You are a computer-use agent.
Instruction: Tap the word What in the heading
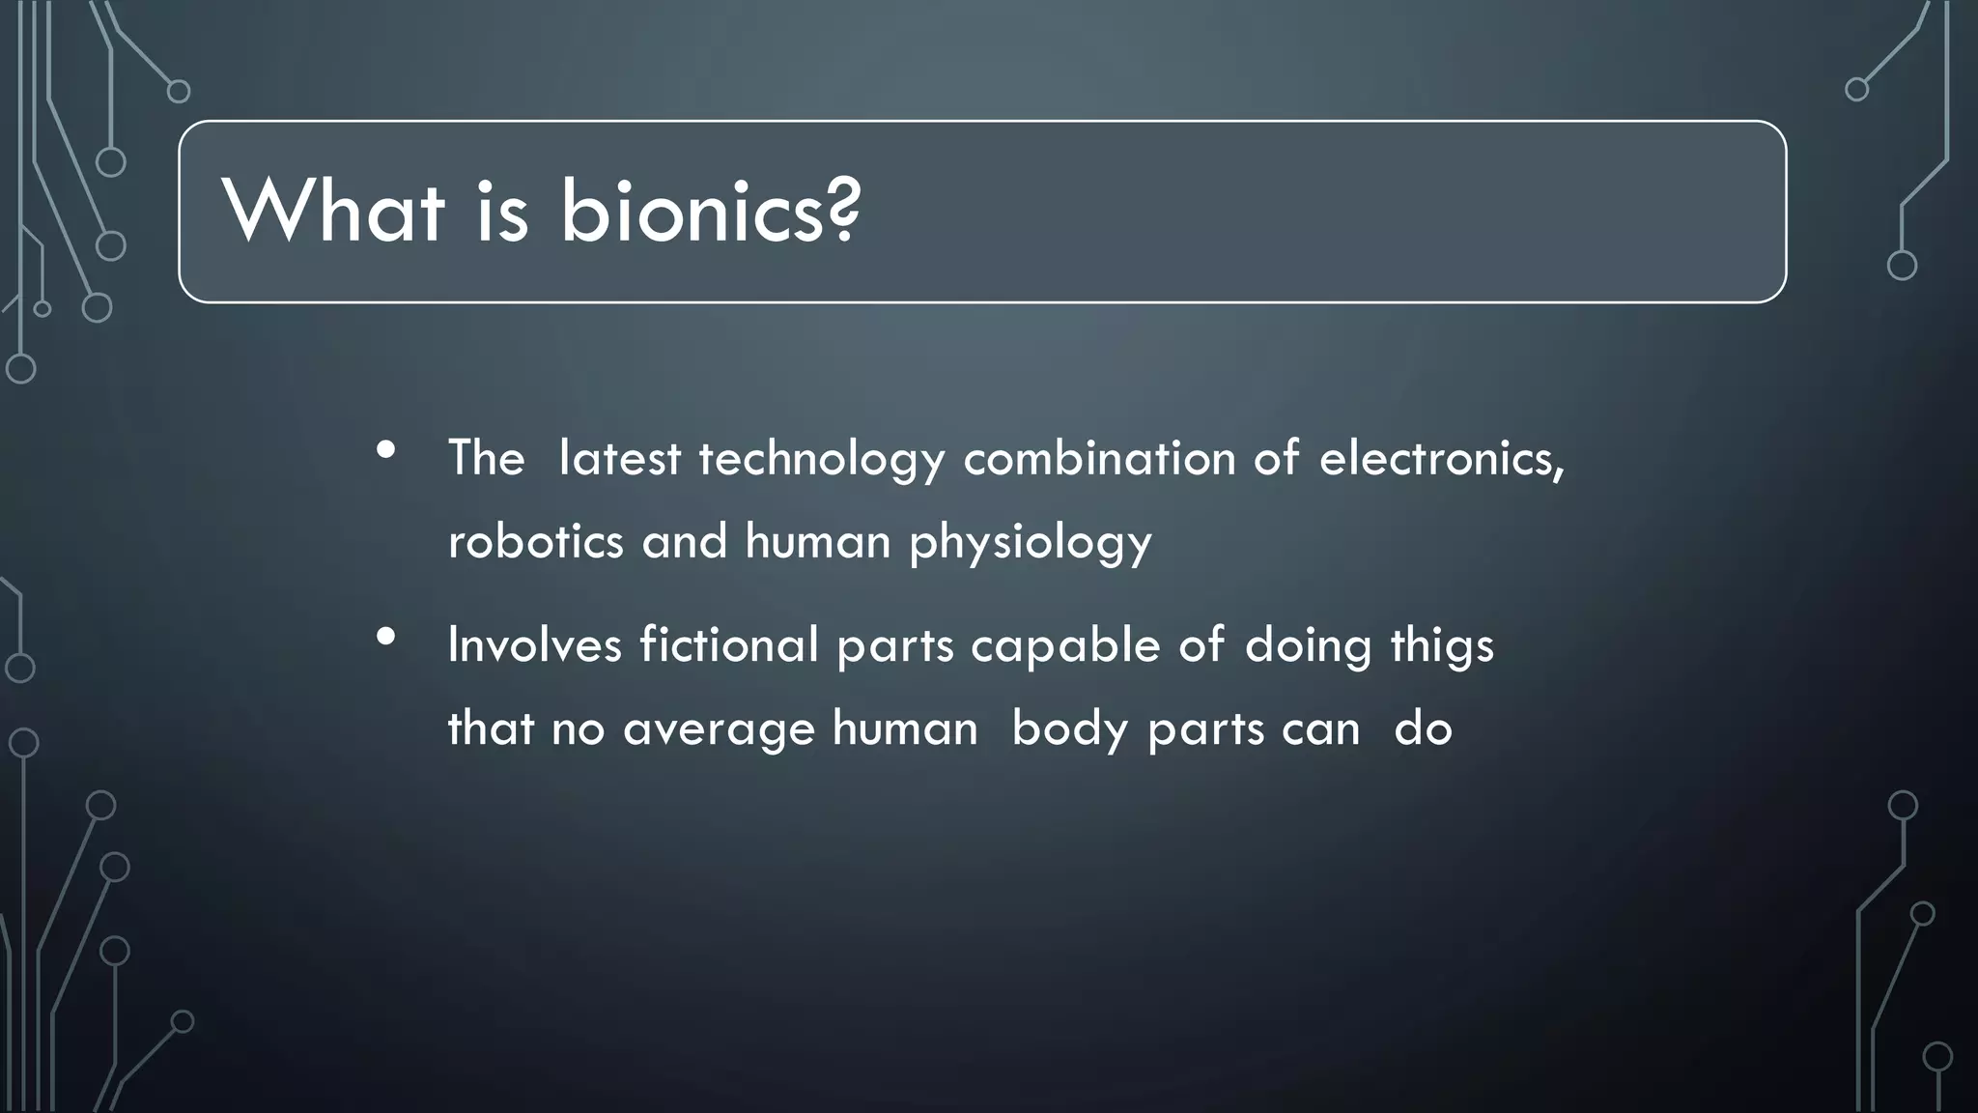tap(333, 212)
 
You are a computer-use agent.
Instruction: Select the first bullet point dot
tap(386, 450)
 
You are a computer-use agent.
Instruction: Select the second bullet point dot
tap(386, 637)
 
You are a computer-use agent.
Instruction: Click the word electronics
tap(1441, 458)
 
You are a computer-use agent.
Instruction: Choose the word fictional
tap(729, 644)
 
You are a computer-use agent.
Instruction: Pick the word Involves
tap(534, 644)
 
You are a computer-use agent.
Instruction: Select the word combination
tap(1099, 458)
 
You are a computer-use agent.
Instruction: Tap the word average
tap(719, 729)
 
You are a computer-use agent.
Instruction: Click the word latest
tap(619, 458)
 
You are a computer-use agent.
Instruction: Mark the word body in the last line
tap(1070, 729)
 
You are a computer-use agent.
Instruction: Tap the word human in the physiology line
tap(817, 541)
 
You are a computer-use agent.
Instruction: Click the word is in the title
tap(502, 212)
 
